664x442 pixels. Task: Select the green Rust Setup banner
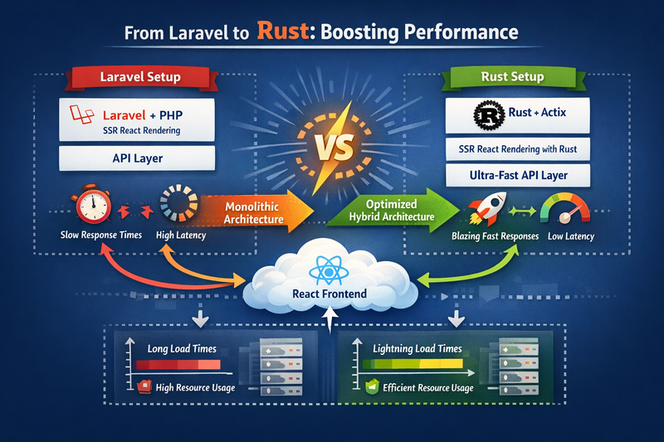[513, 78]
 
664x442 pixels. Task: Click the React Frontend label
[330, 294]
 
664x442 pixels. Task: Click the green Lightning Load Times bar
[413, 365]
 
